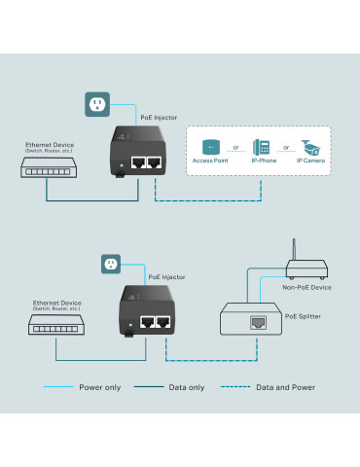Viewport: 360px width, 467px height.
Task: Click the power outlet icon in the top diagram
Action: coord(95,104)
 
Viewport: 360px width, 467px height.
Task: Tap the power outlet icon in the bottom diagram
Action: coord(110,264)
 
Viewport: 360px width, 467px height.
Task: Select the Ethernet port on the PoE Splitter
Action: coord(259,320)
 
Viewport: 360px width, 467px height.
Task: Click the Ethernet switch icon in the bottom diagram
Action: coord(57,331)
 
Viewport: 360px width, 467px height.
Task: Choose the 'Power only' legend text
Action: coord(100,388)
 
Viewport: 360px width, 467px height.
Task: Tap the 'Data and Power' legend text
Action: coord(286,388)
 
